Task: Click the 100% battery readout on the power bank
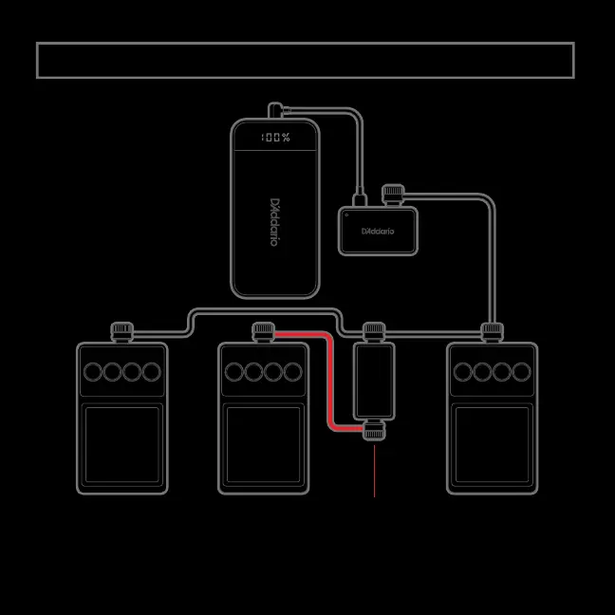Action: [275, 139]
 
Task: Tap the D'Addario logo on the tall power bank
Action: [274, 224]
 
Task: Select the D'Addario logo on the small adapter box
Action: [378, 231]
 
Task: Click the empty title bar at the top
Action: [305, 60]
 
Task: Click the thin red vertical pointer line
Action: [375, 470]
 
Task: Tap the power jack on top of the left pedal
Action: [121, 331]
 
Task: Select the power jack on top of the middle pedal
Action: [263, 331]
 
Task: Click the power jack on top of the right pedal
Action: [492, 331]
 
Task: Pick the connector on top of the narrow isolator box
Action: [374, 331]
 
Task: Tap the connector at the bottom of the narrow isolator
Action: [374, 429]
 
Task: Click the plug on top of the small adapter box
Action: [392, 195]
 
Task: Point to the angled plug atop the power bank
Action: [275, 110]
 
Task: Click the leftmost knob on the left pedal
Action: [93, 372]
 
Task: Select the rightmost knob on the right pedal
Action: [521, 372]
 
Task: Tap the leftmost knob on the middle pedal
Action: [234, 372]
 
